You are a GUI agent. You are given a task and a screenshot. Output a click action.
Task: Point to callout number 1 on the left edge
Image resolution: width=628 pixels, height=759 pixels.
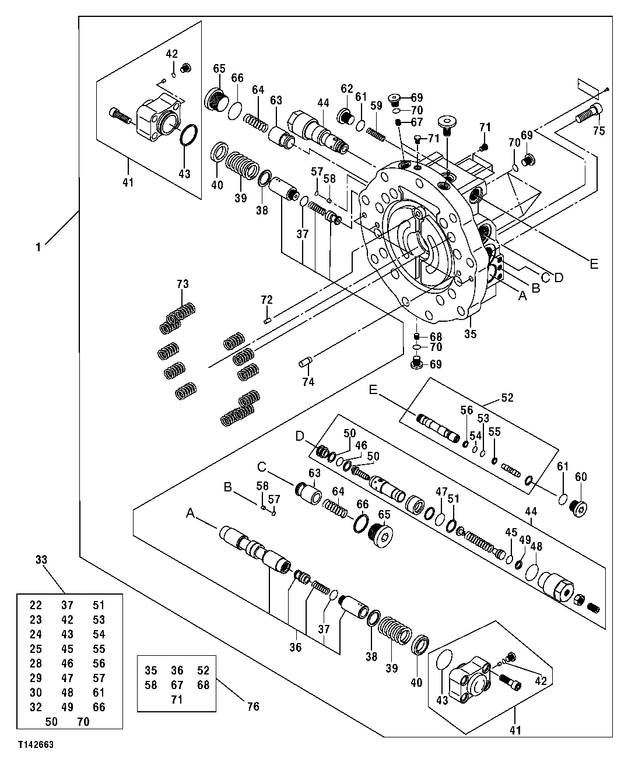pos(38,247)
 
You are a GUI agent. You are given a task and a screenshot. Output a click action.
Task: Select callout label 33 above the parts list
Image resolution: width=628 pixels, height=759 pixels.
pos(41,560)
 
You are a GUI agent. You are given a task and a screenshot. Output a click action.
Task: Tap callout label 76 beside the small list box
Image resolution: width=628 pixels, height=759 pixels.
pos(253,707)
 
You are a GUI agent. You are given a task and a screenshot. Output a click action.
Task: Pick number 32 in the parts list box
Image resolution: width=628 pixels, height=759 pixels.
pos(36,707)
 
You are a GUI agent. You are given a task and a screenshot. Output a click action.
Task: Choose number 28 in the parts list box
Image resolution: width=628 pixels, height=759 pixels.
pos(36,663)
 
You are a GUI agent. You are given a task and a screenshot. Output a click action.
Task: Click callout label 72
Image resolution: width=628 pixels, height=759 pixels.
pos(266,300)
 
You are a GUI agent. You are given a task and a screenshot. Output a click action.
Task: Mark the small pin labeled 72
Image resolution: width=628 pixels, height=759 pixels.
pos(268,319)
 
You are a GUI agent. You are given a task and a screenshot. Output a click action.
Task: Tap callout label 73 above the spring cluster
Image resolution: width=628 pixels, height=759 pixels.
pos(183,284)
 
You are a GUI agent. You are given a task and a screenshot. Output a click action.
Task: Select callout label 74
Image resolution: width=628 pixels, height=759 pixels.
pos(308,382)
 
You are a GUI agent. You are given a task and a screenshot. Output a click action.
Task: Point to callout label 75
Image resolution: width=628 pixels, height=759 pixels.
pos(598,131)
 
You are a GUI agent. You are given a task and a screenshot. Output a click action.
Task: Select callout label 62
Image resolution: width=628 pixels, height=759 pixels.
pos(347,89)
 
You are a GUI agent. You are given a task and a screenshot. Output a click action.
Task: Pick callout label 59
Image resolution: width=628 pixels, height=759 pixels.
pos(376,106)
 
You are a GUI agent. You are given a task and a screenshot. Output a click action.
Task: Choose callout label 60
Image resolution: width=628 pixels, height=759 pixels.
pos(581,477)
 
